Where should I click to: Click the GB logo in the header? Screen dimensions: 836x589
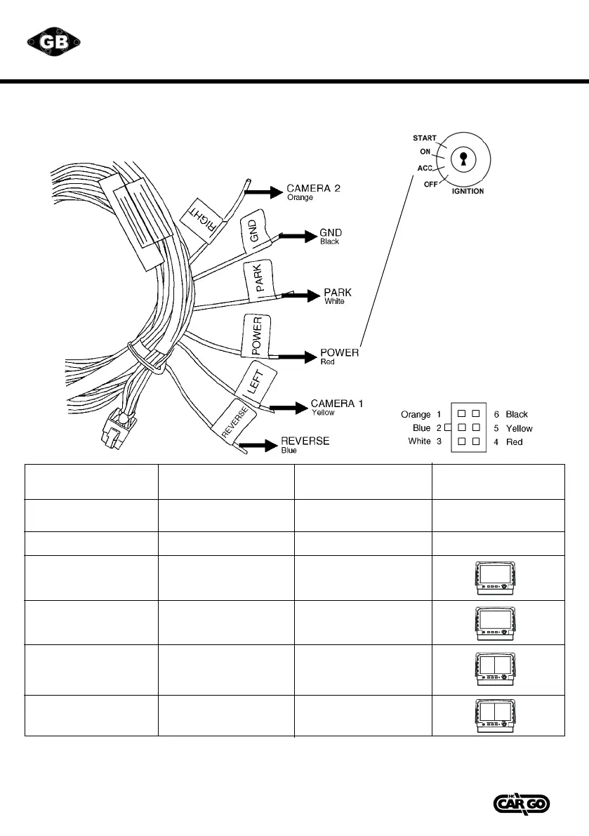pyautogui.click(x=55, y=42)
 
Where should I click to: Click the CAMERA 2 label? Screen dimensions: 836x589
pyautogui.click(x=313, y=190)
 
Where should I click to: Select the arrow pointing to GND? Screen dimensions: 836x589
pyautogui.click(x=298, y=237)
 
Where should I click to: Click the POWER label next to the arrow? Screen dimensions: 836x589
pyautogui.click(x=339, y=352)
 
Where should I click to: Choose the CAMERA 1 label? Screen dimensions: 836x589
pyautogui.click(x=337, y=404)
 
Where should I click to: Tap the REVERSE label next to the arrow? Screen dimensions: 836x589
pyautogui.click(x=305, y=441)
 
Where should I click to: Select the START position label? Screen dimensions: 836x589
pyautogui.click(x=425, y=138)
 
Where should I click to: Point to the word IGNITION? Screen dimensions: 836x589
pyautogui.click(x=467, y=191)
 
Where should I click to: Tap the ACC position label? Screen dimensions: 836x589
pyautogui.click(x=425, y=168)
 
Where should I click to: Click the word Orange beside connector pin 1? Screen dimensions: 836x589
pyautogui.click(x=416, y=415)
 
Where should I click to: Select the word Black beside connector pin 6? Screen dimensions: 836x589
pyautogui.click(x=517, y=415)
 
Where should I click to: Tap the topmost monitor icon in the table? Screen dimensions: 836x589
pyautogui.click(x=499, y=578)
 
